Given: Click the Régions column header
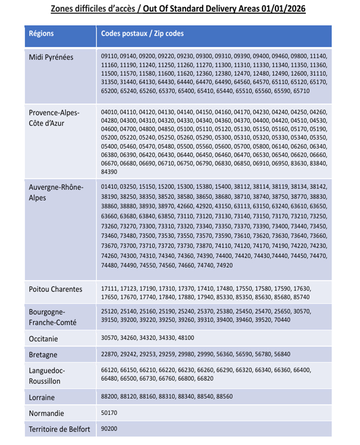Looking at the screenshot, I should point(41,34).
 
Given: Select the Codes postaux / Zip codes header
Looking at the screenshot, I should point(142,34).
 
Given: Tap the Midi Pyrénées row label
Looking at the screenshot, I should point(51,57).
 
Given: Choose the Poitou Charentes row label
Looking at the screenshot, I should point(55,289).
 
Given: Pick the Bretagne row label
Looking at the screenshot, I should point(43,355).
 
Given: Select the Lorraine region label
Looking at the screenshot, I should point(41,397).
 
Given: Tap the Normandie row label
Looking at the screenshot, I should point(47,413).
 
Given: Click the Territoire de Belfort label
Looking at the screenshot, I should point(60,429).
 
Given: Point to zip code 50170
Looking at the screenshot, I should point(109,413).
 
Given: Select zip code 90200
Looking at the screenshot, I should point(109,429).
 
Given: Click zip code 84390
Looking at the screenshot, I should point(109,172).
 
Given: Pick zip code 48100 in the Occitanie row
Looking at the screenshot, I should point(185,338).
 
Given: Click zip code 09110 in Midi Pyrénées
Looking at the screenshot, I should point(109,56).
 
